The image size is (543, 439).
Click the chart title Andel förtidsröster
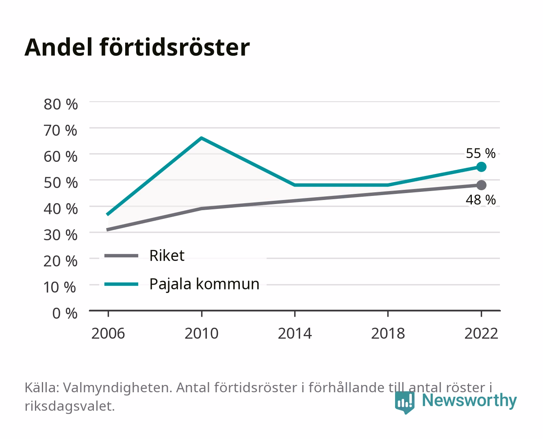click(x=137, y=48)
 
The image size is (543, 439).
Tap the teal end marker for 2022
click(x=481, y=167)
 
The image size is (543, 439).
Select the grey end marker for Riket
click(x=481, y=185)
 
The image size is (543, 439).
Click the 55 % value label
click(x=480, y=154)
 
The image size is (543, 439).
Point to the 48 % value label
click(x=480, y=200)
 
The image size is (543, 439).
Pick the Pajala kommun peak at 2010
click(x=202, y=138)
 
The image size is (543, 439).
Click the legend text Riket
click(x=167, y=255)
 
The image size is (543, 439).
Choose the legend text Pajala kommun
click(x=204, y=284)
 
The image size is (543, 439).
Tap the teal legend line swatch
click(x=122, y=284)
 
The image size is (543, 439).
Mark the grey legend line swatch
click(x=122, y=255)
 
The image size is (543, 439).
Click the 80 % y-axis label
click(x=61, y=104)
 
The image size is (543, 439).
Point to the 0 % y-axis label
click(x=65, y=313)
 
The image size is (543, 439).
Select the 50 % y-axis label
click(x=61, y=183)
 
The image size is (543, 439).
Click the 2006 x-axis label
click(x=108, y=333)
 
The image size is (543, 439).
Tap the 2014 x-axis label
click(x=295, y=333)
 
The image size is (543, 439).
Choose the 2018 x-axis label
click(x=388, y=333)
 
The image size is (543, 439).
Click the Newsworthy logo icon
click(x=405, y=402)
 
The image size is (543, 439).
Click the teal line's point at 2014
click(x=295, y=185)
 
